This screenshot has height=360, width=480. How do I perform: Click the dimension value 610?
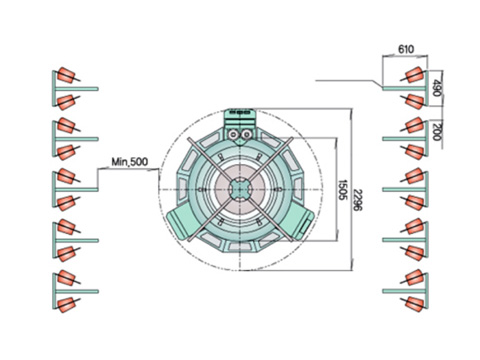pyautogui.click(x=406, y=49)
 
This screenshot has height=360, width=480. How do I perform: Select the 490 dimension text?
pyautogui.click(x=436, y=88)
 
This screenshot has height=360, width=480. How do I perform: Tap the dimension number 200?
pyautogui.click(x=436, y=132)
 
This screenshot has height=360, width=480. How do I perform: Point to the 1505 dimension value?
pyautogui.click(x=343, y=190)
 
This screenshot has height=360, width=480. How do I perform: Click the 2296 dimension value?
pyautogui.click(x=358, y=200)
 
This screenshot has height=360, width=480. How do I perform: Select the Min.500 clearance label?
pyautogui.click(x=130, y=162)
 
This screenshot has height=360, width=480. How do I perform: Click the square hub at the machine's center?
pyautogui.click(x=240, y=189)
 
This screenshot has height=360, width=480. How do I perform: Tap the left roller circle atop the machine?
pyautogui.click(x=233, y=135)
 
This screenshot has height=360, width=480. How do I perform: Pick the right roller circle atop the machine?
pyautogui.click(x=247, y=135)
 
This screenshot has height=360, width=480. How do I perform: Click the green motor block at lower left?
pyautogui.click(x=181, y=221)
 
